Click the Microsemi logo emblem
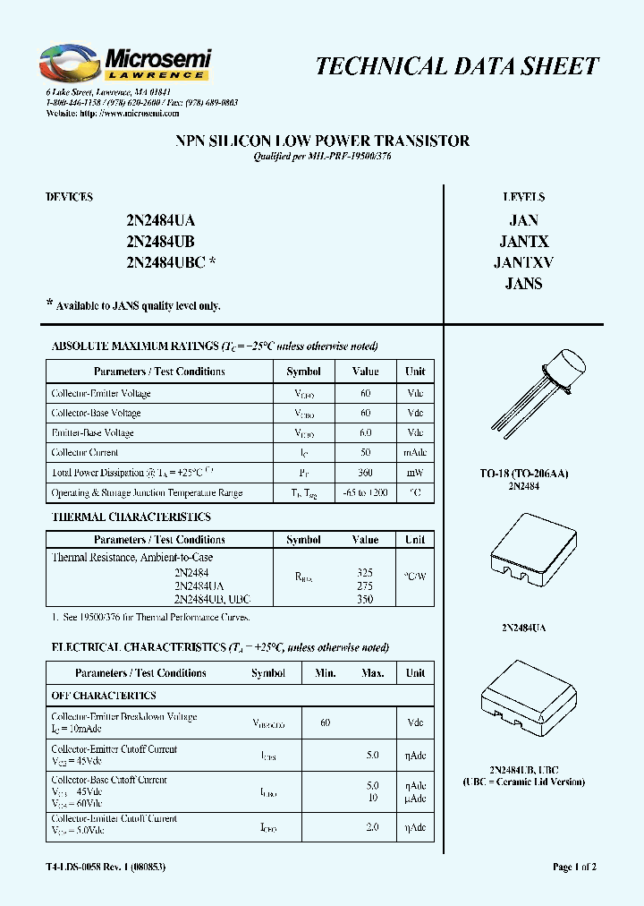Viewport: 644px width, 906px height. coord(70,64)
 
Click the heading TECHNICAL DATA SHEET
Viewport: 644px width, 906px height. coord(457,66)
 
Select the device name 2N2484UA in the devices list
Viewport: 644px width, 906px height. coord(160,220)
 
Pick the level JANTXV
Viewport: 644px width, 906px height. coord(523,262)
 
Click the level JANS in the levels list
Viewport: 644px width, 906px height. coord(523,284)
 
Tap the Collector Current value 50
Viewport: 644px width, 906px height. coord(365,453)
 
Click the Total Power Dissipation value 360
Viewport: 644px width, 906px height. coord(365,473)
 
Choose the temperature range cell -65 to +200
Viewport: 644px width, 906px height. coord(365,493)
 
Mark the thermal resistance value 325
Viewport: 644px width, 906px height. coord(365,571)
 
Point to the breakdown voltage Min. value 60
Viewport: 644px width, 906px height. coord(325,722)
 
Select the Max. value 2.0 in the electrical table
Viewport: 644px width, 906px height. coord(373,827)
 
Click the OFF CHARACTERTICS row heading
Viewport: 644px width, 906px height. coord(104,696)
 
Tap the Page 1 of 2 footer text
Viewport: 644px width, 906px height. coord(574,867)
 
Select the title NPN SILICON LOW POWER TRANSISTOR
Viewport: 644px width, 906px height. coord(321,141)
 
